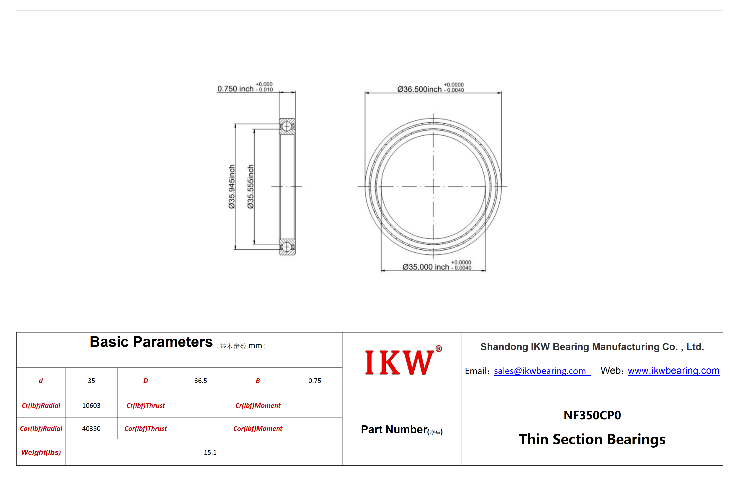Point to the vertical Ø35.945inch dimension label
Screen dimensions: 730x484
click(x=232, y=187)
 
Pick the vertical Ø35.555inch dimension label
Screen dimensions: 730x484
click(x=251, y=187)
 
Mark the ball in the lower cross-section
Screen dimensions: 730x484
click(x=287, y=247)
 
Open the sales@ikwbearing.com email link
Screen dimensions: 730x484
click(x=540, y=371)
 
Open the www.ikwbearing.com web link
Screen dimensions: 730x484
click(x=673, y=370)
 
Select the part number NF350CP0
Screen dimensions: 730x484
click(x=592, y=415)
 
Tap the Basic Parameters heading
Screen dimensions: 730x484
click(x=151, y=342)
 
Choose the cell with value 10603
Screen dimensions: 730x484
click(x=91, y=405)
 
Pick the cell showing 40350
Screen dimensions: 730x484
click(x=91, y=429)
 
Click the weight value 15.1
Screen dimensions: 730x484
click(x=210, y=452)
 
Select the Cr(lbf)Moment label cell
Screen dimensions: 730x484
click(x=258, y=405)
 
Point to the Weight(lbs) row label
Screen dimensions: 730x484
click(x=41, y=452)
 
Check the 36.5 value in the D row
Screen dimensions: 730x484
click(x=201, y=381)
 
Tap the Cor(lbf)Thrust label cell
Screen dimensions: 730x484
click(x=146, y=429)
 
